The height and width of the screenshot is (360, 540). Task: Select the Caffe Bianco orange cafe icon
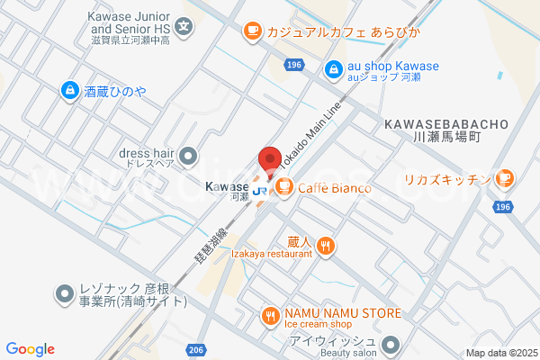[283, 187]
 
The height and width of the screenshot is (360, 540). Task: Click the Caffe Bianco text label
[335, 187]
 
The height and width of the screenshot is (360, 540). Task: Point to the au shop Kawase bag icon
[333, 67]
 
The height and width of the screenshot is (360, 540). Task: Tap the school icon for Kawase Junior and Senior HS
[184, 26]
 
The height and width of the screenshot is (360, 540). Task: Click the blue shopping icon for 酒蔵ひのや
[69, 90]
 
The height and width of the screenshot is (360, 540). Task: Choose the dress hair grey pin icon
[189, 157]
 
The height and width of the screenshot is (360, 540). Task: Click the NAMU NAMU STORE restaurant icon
[269, 315]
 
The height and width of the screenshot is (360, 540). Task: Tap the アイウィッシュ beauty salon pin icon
[391, 344]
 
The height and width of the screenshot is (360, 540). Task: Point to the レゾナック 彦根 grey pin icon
[65, 293]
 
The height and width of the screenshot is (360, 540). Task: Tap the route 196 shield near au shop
[293, 66]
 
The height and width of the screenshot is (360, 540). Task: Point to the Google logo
[30, 349]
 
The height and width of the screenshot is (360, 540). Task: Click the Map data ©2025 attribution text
[499, 353]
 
